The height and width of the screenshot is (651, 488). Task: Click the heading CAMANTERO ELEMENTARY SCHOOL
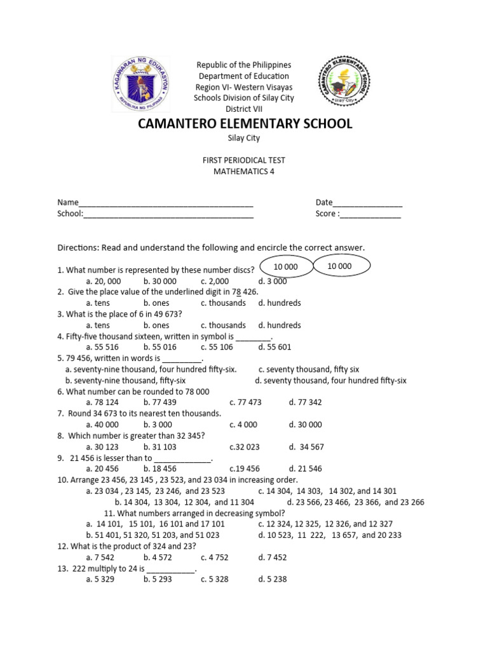[245, 123]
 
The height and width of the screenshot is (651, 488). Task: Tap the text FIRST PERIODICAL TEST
[244, 161]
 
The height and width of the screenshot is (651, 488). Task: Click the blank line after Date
[367, 203]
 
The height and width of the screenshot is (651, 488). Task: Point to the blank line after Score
[370, 214]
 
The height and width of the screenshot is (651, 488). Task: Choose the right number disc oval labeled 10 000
[339, 267]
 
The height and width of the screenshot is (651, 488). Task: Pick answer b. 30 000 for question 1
[160, 281]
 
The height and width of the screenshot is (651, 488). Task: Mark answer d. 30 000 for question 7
[305, 425]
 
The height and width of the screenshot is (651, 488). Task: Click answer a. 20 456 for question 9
[102, 469]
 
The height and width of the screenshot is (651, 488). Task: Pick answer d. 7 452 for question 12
[273, 558]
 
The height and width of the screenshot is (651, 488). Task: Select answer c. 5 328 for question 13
[215, 580]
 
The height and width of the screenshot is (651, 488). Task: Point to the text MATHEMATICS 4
[244, 172]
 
